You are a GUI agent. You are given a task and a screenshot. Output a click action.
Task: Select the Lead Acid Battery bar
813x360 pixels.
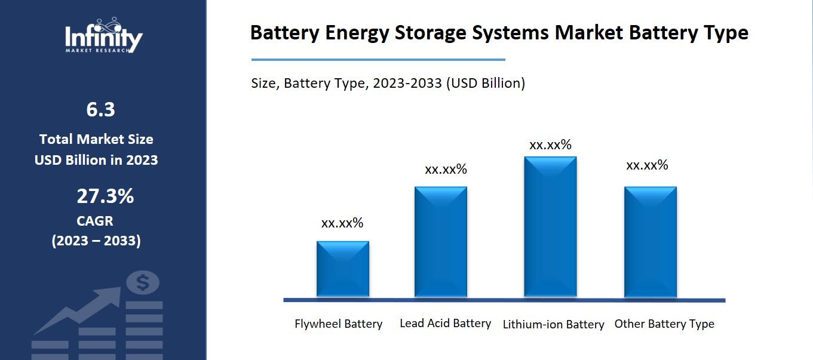tap(441, 242)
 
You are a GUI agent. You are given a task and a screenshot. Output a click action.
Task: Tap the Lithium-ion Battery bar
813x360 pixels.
tap(550, 227)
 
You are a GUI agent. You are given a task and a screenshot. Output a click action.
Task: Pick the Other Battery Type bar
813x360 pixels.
tap(651, 242)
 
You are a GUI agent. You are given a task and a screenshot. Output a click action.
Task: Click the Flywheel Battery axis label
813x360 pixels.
tap(339, 324)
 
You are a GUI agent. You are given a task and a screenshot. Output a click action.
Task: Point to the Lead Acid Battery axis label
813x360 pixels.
tap(445, 324)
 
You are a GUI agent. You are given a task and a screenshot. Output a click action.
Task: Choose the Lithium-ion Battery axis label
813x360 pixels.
tap(553, 325)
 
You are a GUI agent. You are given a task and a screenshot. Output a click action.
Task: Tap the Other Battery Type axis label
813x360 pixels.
tap(664, 324)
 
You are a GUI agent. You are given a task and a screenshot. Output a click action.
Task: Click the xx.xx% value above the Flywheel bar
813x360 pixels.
tap(342, 223)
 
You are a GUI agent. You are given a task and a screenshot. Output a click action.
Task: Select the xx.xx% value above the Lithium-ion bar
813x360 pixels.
tap(550, 145)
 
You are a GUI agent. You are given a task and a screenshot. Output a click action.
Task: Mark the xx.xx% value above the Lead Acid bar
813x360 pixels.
tap(446, 170)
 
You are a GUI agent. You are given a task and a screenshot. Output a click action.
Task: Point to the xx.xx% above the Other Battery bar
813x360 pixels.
tap(647, 165)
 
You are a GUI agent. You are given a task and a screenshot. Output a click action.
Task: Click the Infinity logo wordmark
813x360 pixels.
tap(104, 37)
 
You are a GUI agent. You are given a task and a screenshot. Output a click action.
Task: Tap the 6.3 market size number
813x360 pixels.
tap(100, 110)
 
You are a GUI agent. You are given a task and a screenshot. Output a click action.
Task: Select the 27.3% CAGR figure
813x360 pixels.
tap(105, 196)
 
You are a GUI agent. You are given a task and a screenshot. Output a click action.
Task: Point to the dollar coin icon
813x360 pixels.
tap(143, 282)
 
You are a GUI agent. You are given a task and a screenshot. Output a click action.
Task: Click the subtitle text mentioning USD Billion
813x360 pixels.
tap(388, 83)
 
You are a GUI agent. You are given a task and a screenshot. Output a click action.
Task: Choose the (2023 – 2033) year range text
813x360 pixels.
tap(96, 241)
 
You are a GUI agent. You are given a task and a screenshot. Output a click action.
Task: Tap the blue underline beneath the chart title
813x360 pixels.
tap(378, 60)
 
